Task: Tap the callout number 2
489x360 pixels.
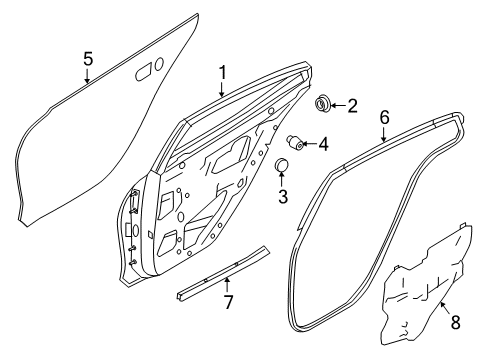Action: pos(353,106)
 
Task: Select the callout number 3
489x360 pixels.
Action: pos(283,196)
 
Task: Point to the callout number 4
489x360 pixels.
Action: pos(323,144)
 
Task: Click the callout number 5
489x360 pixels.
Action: pos(88,59)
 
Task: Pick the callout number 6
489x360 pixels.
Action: pos(385,116)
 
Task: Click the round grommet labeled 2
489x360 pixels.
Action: pos(324,104)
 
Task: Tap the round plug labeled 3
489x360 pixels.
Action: pos(283,166)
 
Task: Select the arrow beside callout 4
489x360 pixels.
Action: pos(310,143)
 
